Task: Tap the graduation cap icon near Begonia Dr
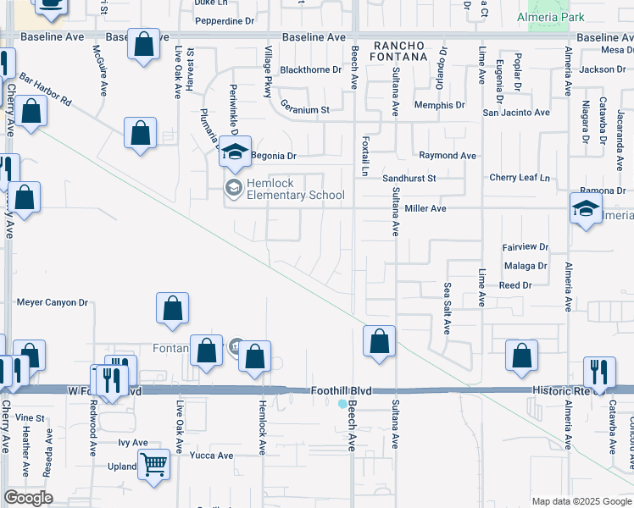pos(236,152)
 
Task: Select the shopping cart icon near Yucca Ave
pos(153,464)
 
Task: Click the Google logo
pos(28,498)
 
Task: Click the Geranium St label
pos(305,110)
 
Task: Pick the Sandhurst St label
pos(409,179)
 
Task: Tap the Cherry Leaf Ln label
pos(520,178)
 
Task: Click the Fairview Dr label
pos(526,247)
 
